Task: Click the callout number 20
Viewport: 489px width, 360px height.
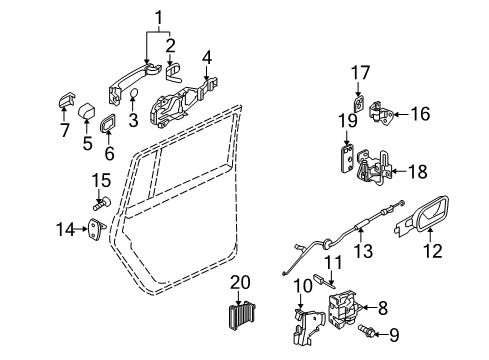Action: [x=240, y=283]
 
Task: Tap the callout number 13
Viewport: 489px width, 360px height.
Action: [x=363, y=250]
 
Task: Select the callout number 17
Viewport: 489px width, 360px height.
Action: [x=360, y=73]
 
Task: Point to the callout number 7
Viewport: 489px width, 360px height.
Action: [x=65, y=130]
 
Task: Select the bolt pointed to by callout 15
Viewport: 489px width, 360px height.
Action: [x=102, y=204]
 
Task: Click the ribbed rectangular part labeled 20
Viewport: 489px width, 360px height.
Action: [x=242, y=315]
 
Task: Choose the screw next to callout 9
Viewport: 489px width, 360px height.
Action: [x=366, y=330]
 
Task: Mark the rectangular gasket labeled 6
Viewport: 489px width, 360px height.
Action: [x=107, y=123]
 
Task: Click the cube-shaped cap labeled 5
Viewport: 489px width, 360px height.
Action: [x=87, y=110]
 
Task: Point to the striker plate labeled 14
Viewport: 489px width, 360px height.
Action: [x=97, y=229]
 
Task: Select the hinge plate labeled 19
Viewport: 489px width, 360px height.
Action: [x=348, y=159]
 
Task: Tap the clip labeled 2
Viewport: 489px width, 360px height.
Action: [x=174, y=74]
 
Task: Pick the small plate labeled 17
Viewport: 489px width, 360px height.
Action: [x=359, y=104]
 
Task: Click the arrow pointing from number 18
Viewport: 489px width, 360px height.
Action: [x=399, y=171]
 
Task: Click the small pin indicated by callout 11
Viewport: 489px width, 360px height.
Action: [x=324, y=281]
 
